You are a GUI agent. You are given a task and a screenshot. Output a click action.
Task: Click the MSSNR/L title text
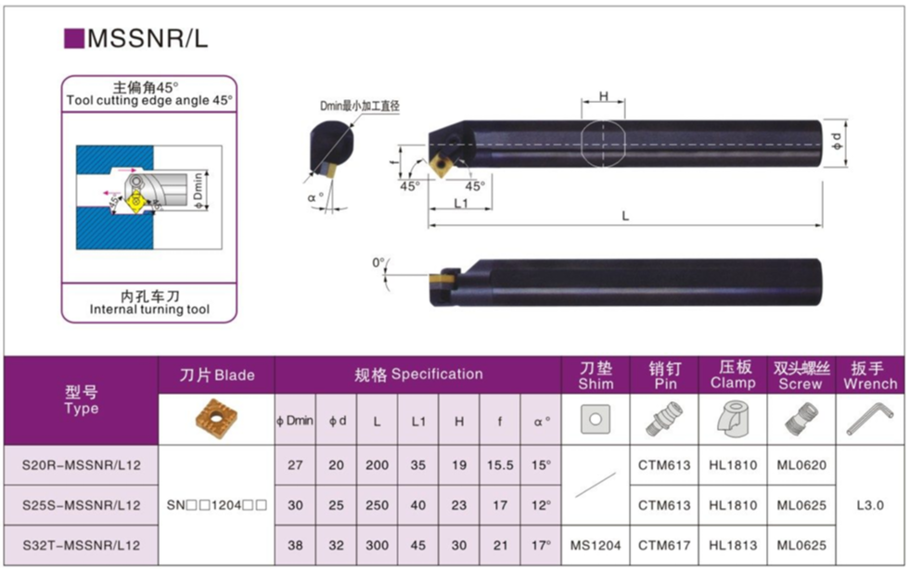[147, 38]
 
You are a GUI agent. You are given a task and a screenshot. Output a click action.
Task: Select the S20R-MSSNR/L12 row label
[82, 465]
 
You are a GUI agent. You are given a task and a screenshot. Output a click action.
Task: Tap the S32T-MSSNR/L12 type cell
[82, 545]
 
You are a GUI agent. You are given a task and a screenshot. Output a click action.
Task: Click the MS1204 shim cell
[596, 545]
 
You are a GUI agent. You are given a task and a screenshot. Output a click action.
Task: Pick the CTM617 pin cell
[664, 545]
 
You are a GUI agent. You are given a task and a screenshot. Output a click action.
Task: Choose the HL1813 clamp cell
[733, 545]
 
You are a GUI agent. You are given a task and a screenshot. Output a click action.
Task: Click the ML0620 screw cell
[801, 465]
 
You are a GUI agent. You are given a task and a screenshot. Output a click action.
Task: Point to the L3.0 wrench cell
[870, 505]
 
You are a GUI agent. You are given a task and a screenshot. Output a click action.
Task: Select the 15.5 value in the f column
[500, 465]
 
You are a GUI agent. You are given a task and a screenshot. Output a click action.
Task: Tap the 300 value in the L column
[377, 545]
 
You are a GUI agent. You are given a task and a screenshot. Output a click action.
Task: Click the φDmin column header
[295, 421]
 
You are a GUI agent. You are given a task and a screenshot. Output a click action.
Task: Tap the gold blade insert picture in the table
[216, 418]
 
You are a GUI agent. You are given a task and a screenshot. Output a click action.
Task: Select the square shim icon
[596, 419]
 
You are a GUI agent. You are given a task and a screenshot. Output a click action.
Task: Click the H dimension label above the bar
[604, 96]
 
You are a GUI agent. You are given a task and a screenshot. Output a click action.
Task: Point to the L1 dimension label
[461, 203]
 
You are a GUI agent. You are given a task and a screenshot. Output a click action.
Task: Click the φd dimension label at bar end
[837, 142]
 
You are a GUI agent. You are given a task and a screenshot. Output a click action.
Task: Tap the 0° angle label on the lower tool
[378, 263]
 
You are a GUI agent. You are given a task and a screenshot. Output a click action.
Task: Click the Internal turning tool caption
[149, 310]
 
